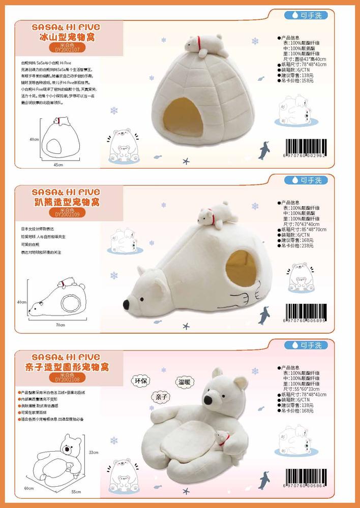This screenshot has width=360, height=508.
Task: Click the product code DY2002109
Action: pos(67,214)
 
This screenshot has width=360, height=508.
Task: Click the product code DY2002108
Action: pos(67,379)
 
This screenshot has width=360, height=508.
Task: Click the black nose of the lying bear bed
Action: pos(126,305)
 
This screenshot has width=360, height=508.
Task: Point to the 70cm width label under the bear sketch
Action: pos(60,324)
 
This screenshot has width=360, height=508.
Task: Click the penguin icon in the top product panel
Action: pos(264,150)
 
